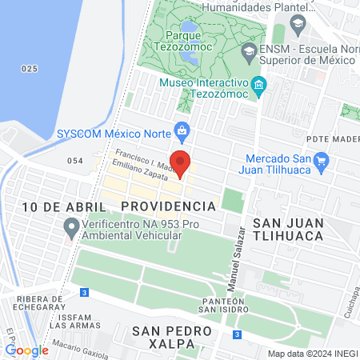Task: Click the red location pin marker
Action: [180, 163]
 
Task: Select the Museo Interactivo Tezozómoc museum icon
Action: [258, 84]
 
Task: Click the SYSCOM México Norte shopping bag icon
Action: [182, 130]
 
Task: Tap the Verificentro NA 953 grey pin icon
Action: [70, 230]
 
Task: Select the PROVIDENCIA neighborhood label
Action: [169, 206]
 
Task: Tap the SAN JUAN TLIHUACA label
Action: [288, 228]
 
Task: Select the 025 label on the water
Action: [30, 70]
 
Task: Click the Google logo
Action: [26, 350]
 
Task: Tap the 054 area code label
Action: [75, 161]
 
